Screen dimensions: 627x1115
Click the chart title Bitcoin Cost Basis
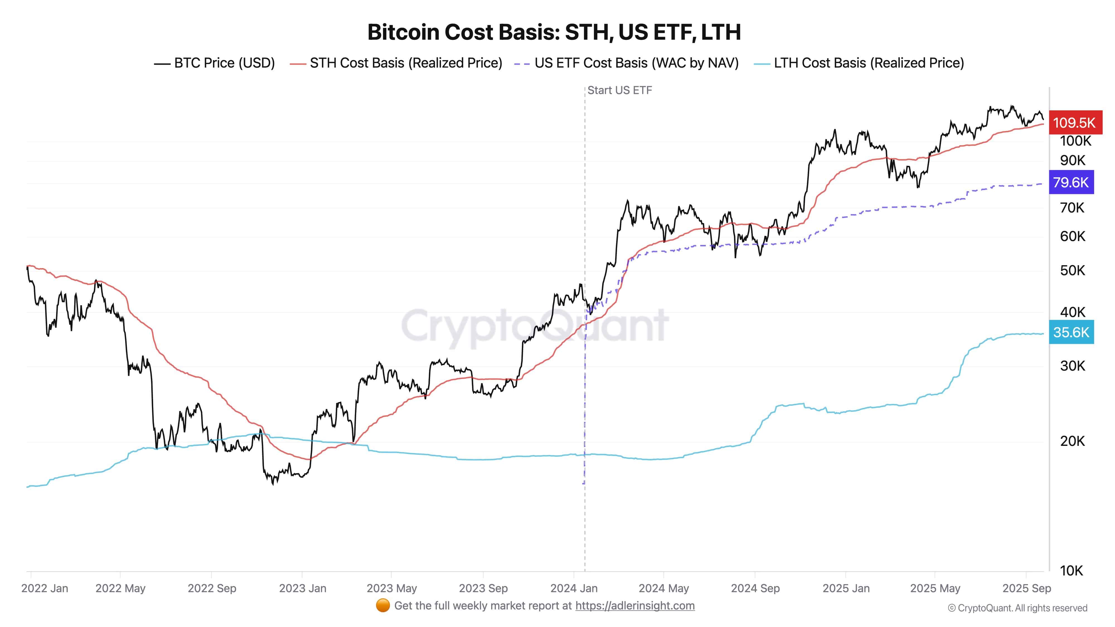[554, 32]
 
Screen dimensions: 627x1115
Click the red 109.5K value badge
[1074, 123]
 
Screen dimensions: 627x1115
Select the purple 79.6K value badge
[1071, 182]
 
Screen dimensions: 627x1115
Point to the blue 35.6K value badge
[1071, 332]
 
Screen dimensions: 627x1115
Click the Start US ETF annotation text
[619, 91]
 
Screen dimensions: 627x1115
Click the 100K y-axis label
[1075, 141]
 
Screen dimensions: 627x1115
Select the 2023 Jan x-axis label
[302, 589]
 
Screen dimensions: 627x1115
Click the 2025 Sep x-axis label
[1026, 589]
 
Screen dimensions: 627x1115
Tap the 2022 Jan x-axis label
[45, 589]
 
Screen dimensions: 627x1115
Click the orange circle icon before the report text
[383, 606]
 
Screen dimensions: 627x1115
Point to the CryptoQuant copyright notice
[1017, 608]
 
